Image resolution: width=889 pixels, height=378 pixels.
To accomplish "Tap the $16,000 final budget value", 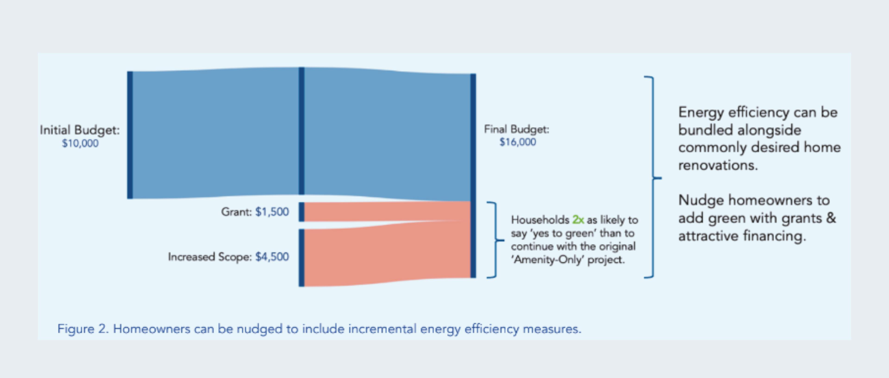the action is [518, 142].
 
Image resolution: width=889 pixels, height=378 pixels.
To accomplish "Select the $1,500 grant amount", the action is [272, 212].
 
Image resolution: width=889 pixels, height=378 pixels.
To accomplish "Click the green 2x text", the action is [578, 220].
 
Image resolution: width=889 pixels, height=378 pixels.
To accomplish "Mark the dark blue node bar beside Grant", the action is [301, 212].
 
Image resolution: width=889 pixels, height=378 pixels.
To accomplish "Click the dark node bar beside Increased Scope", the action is [301, 258].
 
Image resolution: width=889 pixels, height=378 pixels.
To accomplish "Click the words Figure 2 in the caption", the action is [83, 329].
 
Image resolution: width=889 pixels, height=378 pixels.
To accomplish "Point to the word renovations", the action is [718, 165].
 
